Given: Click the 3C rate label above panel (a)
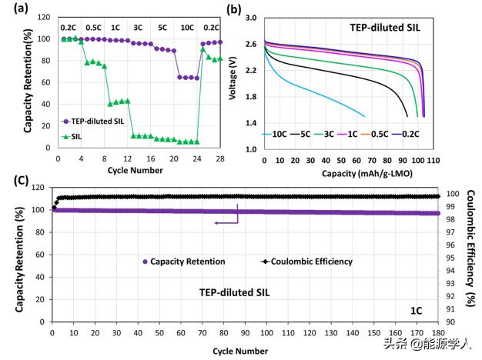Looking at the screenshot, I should click(136, 27).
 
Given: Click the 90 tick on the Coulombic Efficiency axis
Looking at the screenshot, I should click(449, 322).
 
